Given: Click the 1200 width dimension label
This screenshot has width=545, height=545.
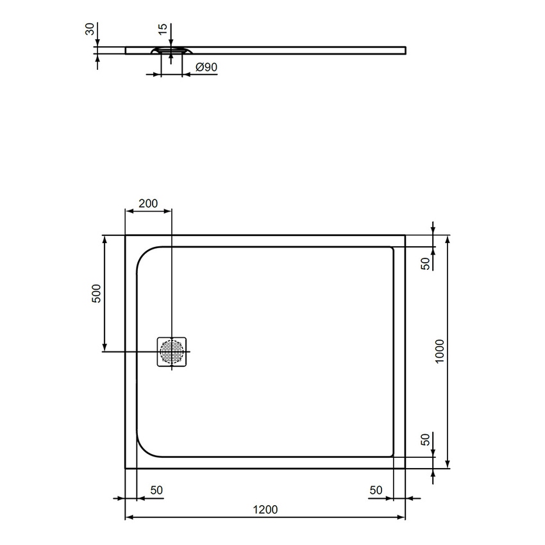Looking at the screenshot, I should pos(265,510).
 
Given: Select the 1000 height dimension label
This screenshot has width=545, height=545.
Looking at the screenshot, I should pos(439,351).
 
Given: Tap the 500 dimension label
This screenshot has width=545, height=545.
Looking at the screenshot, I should pos(96,294).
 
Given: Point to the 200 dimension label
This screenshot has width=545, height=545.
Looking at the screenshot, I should pos(148,204).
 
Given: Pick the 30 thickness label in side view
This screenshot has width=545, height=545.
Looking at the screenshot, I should pos(90,30).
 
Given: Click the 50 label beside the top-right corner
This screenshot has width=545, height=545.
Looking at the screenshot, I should pos(424,264).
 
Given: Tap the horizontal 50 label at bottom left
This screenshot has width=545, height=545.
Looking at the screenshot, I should pos(156,491).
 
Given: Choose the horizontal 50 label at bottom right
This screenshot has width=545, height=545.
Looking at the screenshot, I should pos(376,491).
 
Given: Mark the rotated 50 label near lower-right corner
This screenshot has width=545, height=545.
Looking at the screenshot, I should pos(424,440).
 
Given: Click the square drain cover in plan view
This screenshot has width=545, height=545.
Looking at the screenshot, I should pos(172,352).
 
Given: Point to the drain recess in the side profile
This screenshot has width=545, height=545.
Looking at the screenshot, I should pos(171,50).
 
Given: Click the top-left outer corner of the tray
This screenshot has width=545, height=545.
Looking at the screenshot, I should pos(126,235).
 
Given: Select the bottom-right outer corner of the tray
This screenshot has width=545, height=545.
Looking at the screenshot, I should pos(405,468).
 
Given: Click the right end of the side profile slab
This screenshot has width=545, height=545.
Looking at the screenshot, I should pos(405,48).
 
